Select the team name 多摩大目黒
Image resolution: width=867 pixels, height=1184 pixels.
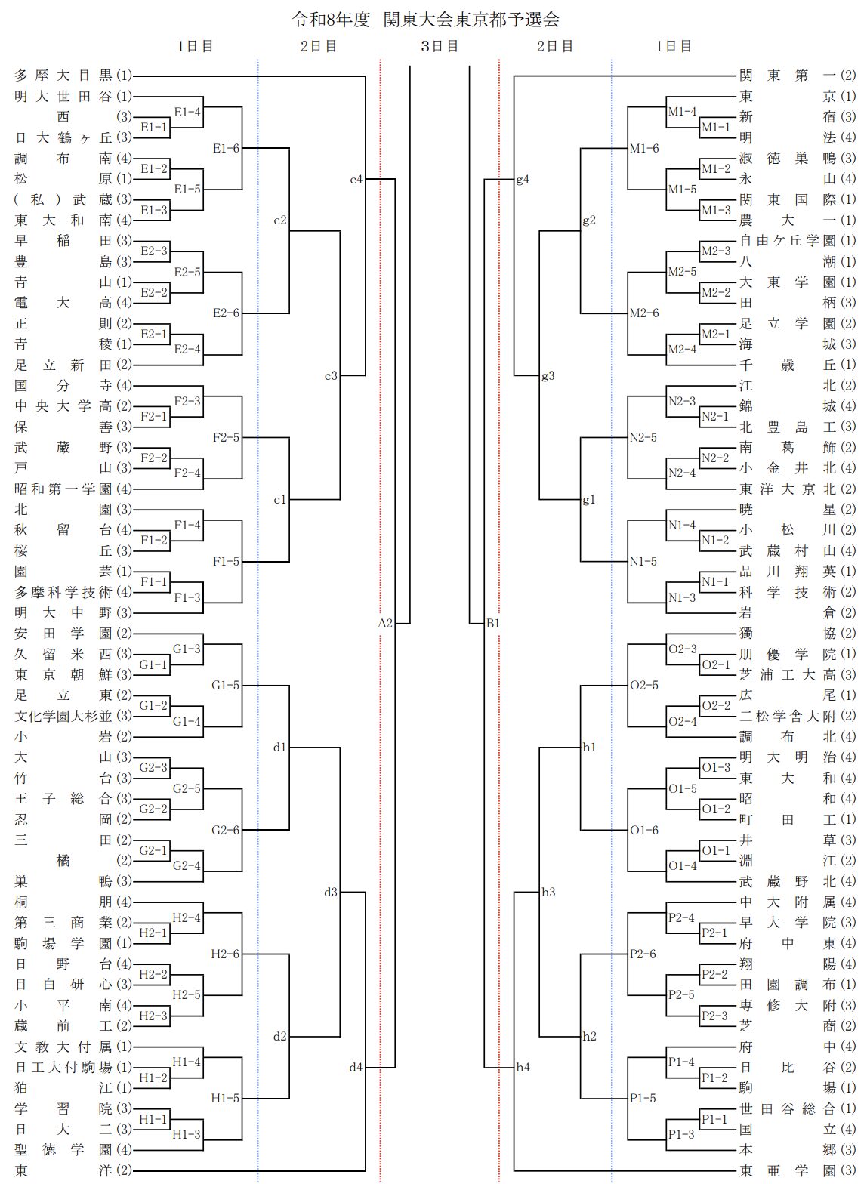pos(63,76)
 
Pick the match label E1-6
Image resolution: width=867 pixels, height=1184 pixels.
pos(226,148)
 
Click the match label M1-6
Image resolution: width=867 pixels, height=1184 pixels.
pos(644,148)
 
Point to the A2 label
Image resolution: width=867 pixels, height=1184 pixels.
pos(385,624)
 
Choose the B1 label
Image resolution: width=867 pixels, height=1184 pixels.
pos(493,624)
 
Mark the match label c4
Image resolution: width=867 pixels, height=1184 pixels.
pos(356,180)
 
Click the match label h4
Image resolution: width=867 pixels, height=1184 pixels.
pos(523,1068)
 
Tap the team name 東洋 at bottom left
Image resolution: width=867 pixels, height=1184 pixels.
pos(63,1171)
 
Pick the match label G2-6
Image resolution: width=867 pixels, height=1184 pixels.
pos(226,830)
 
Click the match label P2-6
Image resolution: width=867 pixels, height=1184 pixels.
pos(643,954)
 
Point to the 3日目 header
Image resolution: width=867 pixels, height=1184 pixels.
pos(440,46)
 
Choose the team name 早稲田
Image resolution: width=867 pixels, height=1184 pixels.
pos(63,241)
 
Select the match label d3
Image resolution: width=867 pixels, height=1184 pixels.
pos(331,893)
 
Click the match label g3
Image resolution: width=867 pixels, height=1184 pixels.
pos(548,375)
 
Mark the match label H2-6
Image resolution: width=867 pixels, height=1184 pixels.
pos(226,954)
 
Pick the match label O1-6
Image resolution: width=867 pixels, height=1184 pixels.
pos(644,830)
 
